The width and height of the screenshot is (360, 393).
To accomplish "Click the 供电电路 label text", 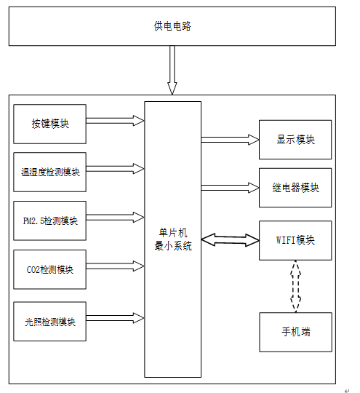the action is click(172, 26).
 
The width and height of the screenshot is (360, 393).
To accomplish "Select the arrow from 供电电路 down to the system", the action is click(172, 70).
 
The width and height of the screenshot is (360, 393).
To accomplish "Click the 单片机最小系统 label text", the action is click(173, 239).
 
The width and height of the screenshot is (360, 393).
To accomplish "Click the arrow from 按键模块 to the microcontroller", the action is click(115, 121).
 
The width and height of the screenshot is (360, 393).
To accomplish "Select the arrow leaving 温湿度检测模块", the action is click(115, 169).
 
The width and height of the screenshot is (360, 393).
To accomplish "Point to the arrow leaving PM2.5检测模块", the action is click(115, 218).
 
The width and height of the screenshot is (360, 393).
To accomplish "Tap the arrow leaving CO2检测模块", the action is click(115, 266).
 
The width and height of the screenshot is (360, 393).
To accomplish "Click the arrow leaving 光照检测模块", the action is click(115, 318).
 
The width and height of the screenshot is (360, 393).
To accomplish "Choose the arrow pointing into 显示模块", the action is click(230, 140).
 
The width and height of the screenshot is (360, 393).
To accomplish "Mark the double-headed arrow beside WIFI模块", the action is click(231, 240).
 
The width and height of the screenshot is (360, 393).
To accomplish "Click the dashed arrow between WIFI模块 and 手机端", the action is click(295, 286).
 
